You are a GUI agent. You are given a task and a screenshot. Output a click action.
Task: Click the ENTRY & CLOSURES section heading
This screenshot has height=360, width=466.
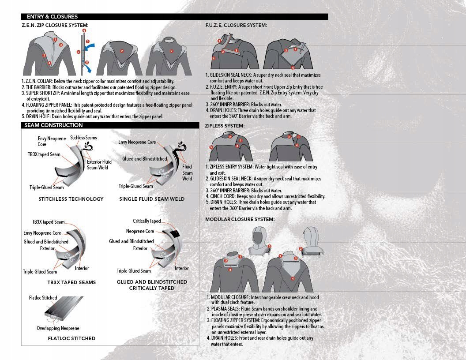(x=52, y=17)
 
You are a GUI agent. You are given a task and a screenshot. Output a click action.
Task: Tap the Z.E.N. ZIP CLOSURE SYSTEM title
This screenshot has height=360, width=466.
(x=55, y=25)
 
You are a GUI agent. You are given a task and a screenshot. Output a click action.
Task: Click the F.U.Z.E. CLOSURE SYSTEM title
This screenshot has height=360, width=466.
(x=236, y=25)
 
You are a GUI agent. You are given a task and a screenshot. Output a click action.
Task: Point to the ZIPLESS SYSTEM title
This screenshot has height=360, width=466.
(x=225, y=126)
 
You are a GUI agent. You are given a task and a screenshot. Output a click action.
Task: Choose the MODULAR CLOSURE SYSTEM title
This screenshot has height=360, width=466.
(x=240, y=219)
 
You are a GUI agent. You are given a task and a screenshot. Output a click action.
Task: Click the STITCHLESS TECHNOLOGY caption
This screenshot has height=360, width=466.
(x=71, y=199)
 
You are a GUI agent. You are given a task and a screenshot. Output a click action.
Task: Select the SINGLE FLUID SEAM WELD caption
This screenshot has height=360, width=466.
(x=152, y=199)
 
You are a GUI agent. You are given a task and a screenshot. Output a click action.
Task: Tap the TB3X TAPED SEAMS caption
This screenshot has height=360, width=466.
(x=71, y=282)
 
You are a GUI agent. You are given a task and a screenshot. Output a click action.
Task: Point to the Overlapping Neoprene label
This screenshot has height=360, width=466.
(x=58, y=328)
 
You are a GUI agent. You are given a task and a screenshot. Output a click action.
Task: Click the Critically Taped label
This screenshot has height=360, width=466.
(x=147, y=221)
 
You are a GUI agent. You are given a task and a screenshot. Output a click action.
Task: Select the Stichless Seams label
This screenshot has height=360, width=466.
(x=83, y=138)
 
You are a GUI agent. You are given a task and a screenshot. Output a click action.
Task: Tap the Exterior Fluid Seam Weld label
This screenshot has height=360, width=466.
(x=99, y=165)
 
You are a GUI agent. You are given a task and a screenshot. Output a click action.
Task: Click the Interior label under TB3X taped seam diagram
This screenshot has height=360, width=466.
(x=82, y=268)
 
